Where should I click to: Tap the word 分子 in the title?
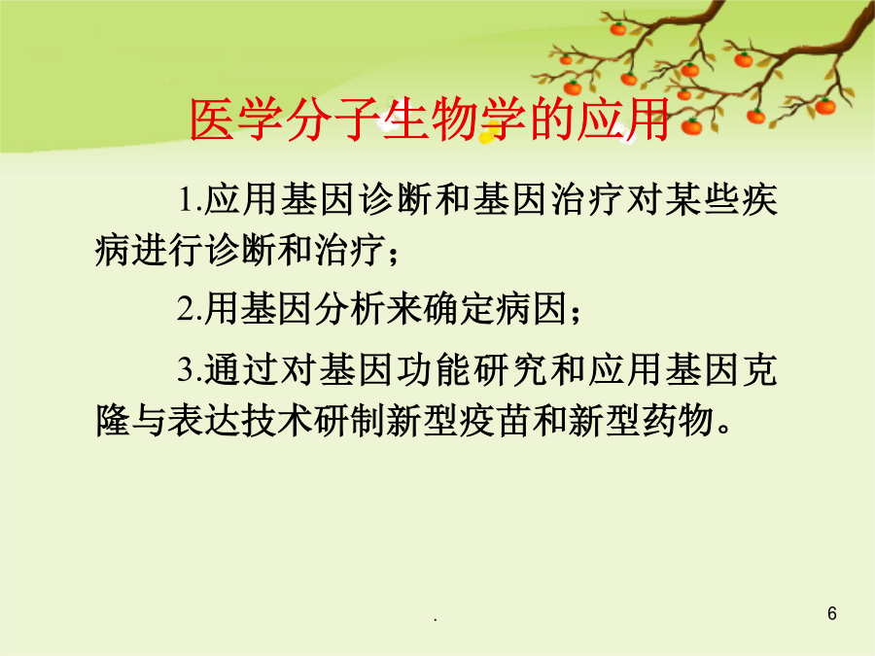pyautogui.click(x=333, y=119)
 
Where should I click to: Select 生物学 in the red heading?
pyautogui.click(x=454, y=119)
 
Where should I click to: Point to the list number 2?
pyautogui.click(x=187, y=308)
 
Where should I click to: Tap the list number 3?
pyautogui.click(x=187, y=369)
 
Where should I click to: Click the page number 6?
pyautogui.click(x=832, y=613)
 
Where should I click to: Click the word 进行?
pyautogui.click(x=168, y=249)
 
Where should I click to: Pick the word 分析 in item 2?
pyautogui.click(x=349, y=308)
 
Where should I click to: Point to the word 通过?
pyautogui.click(x=241, y=369)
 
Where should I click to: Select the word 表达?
pyautogui.click(x=204, y=420)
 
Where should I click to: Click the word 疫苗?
pyautogui.click(x=495, y=420)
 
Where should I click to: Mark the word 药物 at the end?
pyautogui.click(x=678, y=420)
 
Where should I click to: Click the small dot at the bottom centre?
pyautogui.click(x=436, y=620)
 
